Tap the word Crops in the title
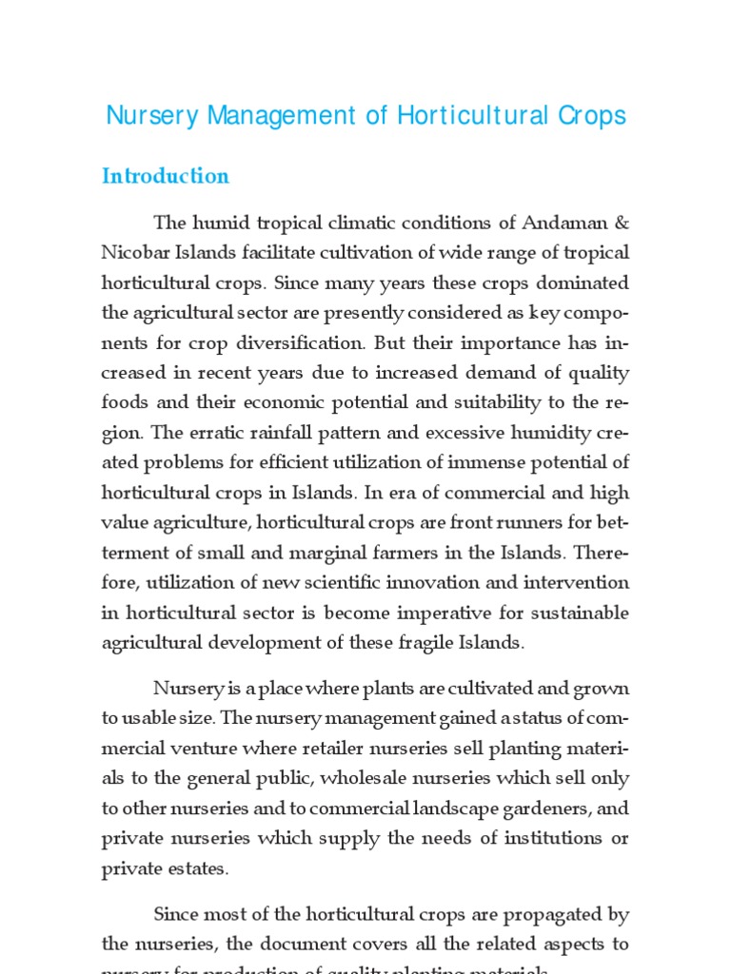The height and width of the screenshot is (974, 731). [x=592, y=116]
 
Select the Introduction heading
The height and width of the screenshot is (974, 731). [x=166, y=176]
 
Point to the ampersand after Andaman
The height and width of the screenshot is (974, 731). [x=621, y=223]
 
